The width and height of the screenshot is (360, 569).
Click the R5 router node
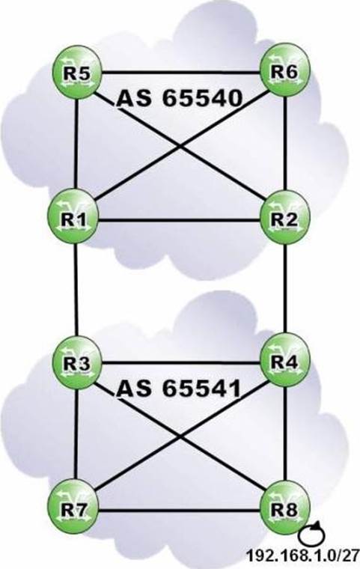[77, 72]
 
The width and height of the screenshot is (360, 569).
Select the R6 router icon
[285, 70]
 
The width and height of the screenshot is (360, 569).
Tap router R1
[75, 218]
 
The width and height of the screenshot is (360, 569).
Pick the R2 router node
[285, 218]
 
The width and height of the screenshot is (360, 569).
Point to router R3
[77, 363]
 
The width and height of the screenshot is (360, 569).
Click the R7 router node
[75, 508]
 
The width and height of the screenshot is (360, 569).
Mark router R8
[285, 508]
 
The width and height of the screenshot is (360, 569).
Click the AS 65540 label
[180, 98]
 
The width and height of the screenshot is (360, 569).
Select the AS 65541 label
[180, 388]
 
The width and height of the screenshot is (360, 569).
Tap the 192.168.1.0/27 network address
[302, 556]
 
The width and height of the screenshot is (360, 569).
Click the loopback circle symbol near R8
[311, 535]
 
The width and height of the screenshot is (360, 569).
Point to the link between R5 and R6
[181, 72]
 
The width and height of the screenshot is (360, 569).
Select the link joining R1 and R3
[76, 290]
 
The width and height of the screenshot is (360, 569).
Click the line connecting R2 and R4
[285, 289]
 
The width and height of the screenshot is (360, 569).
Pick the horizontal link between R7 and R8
[180, 511]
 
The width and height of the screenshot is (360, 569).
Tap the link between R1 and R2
[180, 220]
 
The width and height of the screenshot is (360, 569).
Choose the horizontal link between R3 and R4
[181, 362]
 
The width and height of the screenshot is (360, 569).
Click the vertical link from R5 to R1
[76, 144]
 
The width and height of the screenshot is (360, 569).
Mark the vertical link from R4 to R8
[286, 434]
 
